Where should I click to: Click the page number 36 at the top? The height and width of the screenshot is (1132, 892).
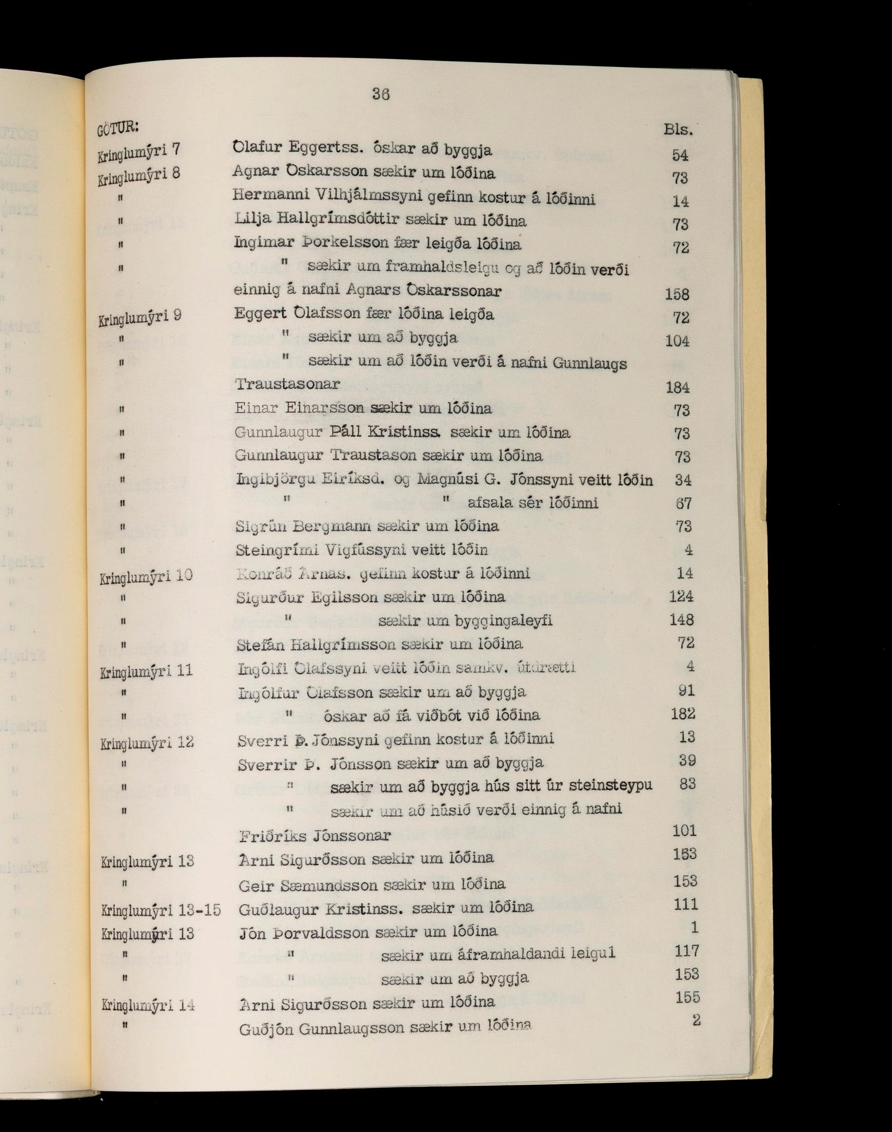click(x=380, y=94)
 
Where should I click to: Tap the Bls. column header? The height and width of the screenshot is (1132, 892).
click(x=679, y=129)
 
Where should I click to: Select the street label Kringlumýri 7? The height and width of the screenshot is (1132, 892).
click(x=139, y=151)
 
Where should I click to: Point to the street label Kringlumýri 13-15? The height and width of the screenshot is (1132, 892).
click(x=161, y=910)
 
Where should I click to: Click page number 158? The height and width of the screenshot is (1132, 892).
click(x=677, y=294)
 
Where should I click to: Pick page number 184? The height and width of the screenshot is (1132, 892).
click(x=678, y=387)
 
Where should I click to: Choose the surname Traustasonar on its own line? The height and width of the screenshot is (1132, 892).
click(x=287, y=384)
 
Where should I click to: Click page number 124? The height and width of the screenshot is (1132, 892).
click(x=682, y=596)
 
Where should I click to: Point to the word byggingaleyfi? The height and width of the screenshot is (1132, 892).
click(x=503, y=620)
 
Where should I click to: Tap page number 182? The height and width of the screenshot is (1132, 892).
click(x=683, y=714)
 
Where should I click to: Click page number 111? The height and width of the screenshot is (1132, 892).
click(x=686, y=904)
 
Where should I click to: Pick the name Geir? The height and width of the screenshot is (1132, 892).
click(x=255, y=885)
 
